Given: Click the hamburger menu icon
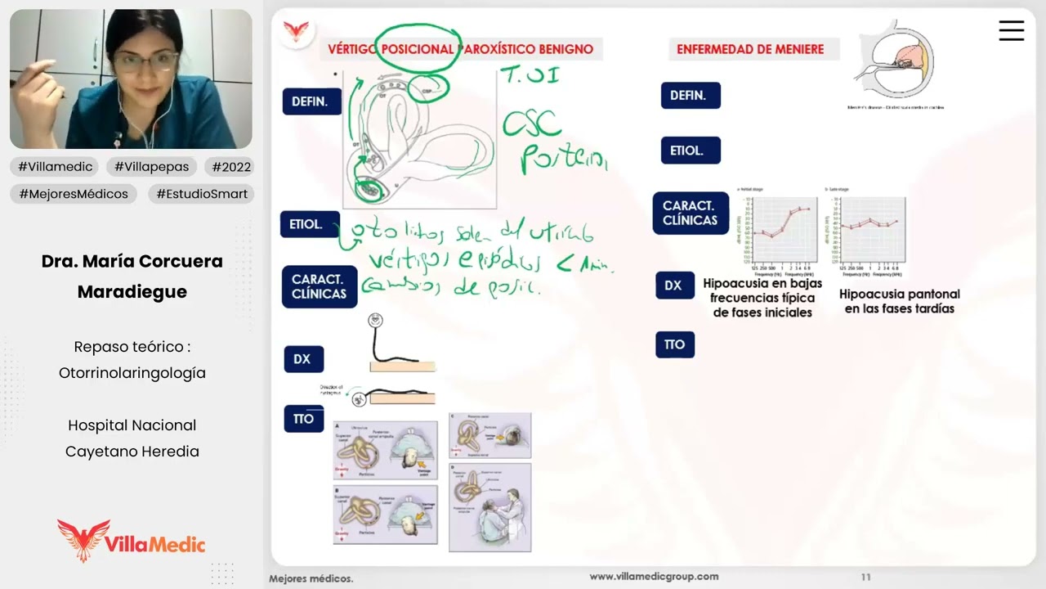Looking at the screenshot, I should tap(1011, 31).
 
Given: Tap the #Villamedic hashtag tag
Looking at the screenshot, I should tap(56, 167).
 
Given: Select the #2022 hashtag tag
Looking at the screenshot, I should tap(231, 167).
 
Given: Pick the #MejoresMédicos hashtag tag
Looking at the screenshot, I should tap(74, 194).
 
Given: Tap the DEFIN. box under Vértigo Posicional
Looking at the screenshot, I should tap(311, 102).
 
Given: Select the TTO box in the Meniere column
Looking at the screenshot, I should tap(674, 344).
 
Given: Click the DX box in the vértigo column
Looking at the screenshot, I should tap(302, 359).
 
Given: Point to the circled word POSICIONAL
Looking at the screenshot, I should tap(418, 49).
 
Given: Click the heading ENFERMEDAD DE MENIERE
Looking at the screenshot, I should tap(750, 49).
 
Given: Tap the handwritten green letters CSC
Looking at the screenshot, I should tap(531, 124).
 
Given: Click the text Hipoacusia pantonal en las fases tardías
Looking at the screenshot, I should tap(899, 301).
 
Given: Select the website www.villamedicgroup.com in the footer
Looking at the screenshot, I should tap(654, 577).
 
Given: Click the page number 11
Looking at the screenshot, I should tap(865, 577).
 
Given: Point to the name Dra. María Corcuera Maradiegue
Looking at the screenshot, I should tap(132, 277).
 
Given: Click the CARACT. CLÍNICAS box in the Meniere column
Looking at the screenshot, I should tap(690, 213).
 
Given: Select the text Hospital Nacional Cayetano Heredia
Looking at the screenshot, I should tap(132, 438).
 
